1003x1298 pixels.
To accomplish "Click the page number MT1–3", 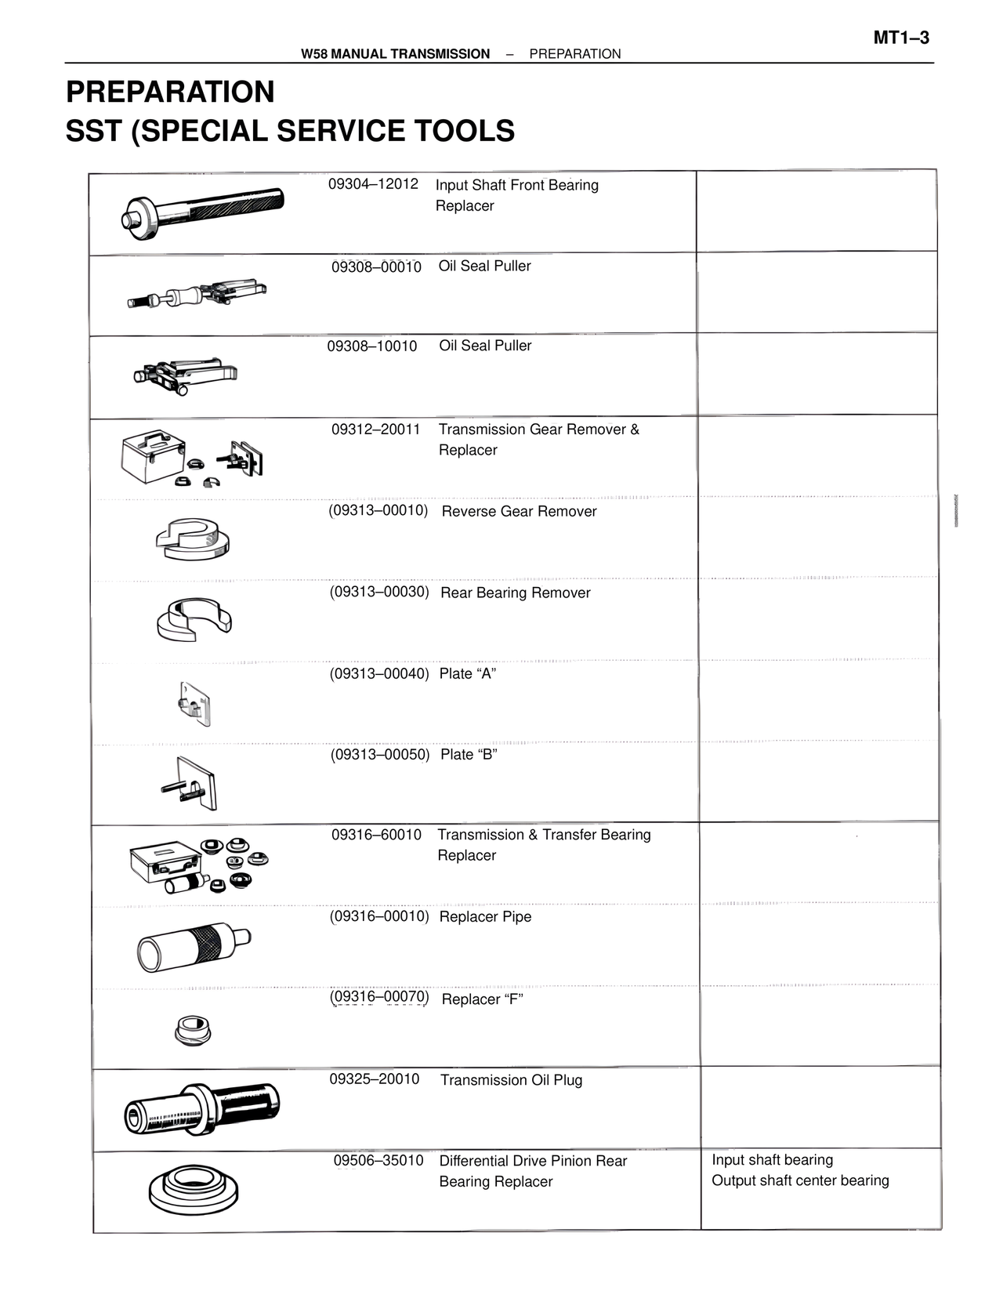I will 901,38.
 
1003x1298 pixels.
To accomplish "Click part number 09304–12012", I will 373,184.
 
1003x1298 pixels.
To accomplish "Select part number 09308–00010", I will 376,267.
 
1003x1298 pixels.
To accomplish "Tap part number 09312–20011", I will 375,430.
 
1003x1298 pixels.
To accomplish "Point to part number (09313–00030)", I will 379,592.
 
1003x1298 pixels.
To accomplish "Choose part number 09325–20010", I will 374,1079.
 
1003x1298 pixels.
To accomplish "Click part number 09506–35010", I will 378,1161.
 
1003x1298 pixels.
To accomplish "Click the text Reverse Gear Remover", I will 519,512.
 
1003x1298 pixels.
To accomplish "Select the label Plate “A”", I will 468,674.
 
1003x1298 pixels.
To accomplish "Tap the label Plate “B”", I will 469,755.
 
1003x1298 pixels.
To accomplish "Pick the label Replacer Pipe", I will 485,917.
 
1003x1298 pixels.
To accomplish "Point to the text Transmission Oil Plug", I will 511,1080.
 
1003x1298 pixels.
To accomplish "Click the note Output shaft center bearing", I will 800,1180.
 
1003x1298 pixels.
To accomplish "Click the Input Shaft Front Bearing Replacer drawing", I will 204,207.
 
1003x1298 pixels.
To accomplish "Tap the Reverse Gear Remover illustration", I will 193,538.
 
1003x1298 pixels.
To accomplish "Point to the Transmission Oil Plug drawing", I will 201,1107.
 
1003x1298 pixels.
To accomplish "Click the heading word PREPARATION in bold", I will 170,92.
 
